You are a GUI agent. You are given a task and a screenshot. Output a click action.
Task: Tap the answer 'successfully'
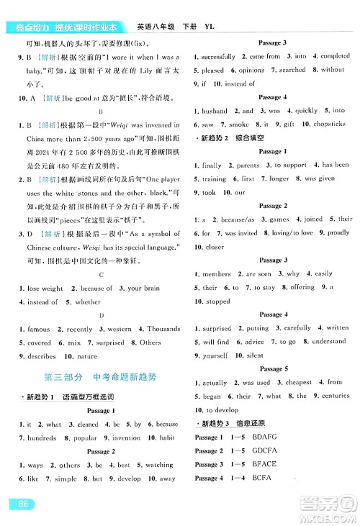pos(220,55)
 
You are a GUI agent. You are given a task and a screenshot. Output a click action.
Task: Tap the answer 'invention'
pos(127,437)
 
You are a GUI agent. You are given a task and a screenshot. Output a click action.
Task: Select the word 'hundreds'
pos(42,437)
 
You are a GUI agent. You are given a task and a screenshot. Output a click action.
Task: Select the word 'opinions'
pos(248,71)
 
